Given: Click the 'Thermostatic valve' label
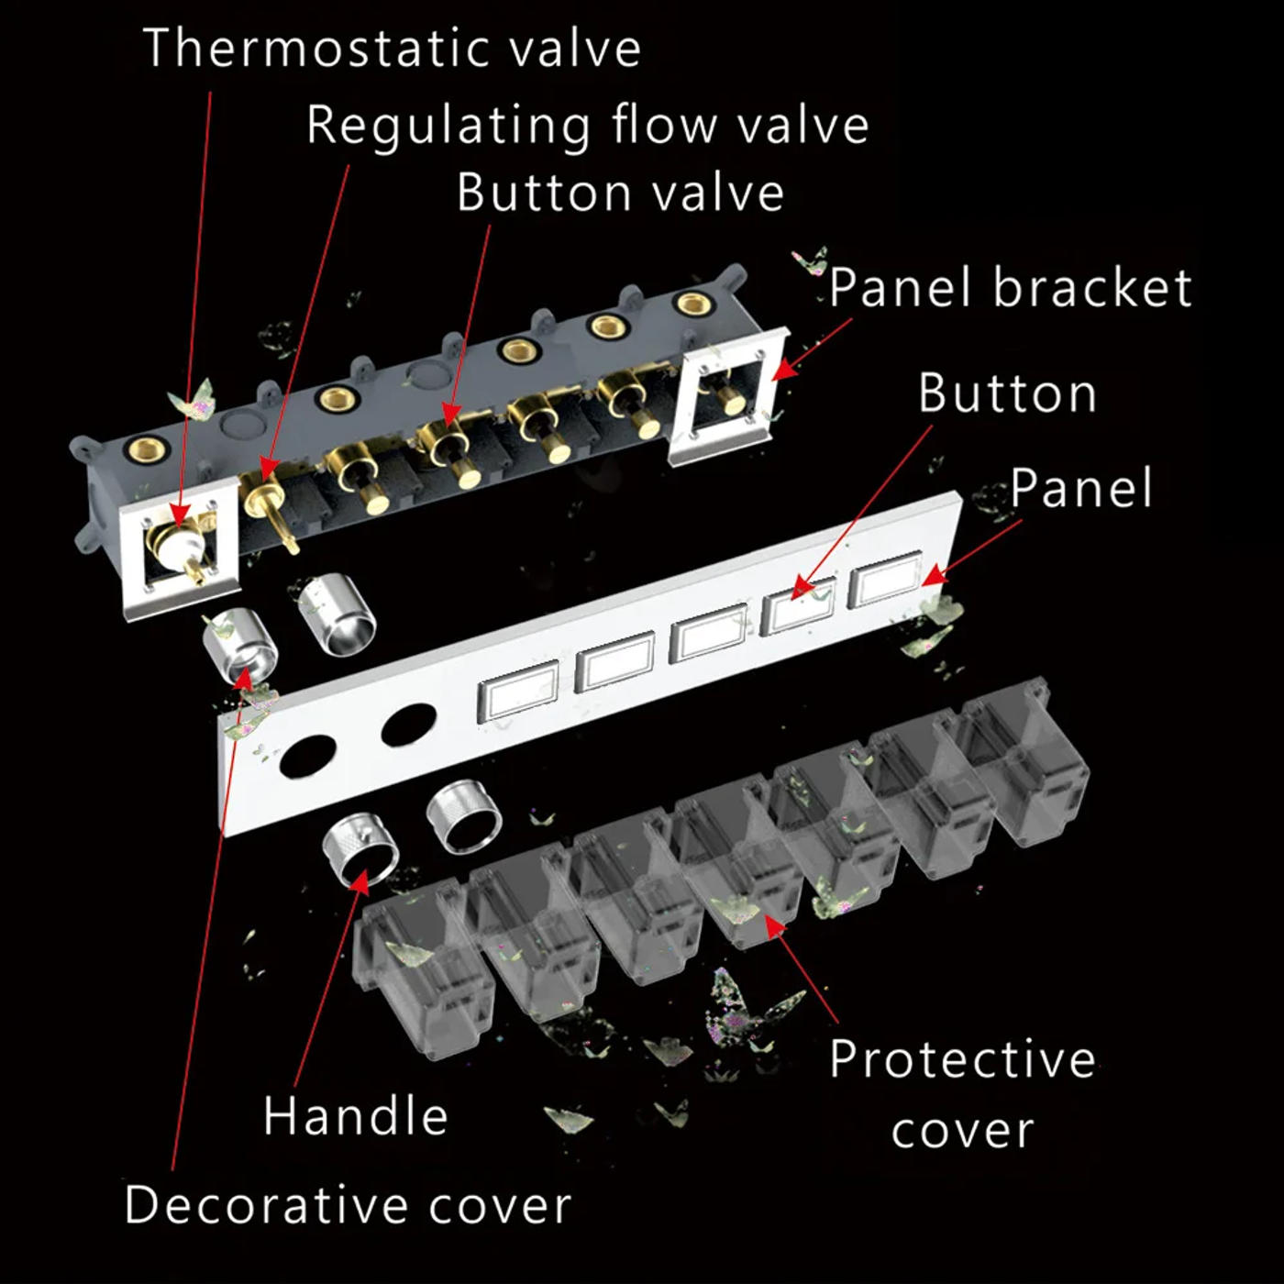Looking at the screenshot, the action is (x=392, y=49).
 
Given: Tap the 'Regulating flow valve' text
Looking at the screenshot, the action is (x=588, y=125).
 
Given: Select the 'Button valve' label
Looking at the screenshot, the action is (x=620, y=193).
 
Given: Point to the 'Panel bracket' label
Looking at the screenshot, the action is (x=1011, y=287).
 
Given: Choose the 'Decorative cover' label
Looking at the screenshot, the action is (x=348, y=1205).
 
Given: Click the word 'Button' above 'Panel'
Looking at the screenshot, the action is (x=1007, y=393).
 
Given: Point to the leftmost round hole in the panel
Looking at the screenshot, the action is (x=308, y=756).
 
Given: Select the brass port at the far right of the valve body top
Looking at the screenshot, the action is (x=693, y=304).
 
